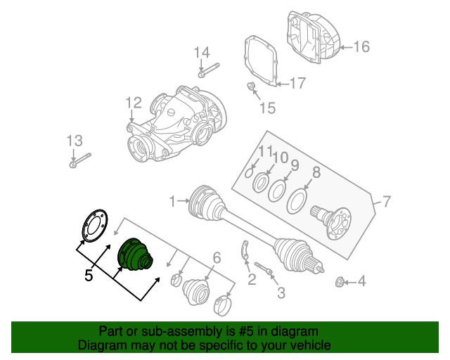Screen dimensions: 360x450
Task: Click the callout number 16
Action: pos(361,47)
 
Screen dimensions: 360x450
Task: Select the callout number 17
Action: pos(297,84)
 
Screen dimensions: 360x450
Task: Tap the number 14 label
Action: pos(202,52)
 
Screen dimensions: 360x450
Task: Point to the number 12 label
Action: pos(134,103)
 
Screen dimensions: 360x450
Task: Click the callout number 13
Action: pos(75,140)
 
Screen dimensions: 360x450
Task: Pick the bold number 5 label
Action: pos(89,275)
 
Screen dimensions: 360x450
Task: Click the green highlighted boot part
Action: pos(134,255)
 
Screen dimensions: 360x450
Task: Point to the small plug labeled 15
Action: pos(250,86)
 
